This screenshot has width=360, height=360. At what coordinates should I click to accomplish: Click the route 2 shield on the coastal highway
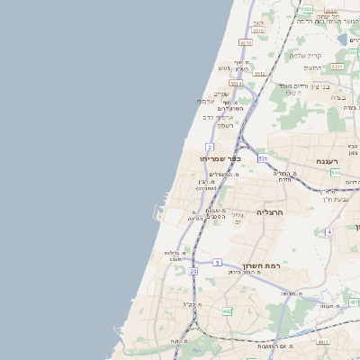[x=209, y=146]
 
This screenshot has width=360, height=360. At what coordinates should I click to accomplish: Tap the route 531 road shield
[x=263, y=158]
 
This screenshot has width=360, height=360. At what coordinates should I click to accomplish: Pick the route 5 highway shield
[x=217, y=262]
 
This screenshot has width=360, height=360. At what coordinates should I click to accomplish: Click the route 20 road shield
[x=193, y=269]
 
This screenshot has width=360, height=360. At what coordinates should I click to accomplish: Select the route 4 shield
[x=329, y=232]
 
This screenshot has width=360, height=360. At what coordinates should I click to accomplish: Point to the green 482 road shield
[x=227, y=311]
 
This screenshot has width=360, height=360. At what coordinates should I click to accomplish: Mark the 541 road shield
[x=335, y=172]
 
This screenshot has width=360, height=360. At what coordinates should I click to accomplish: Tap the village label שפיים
[x=220, y=94]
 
